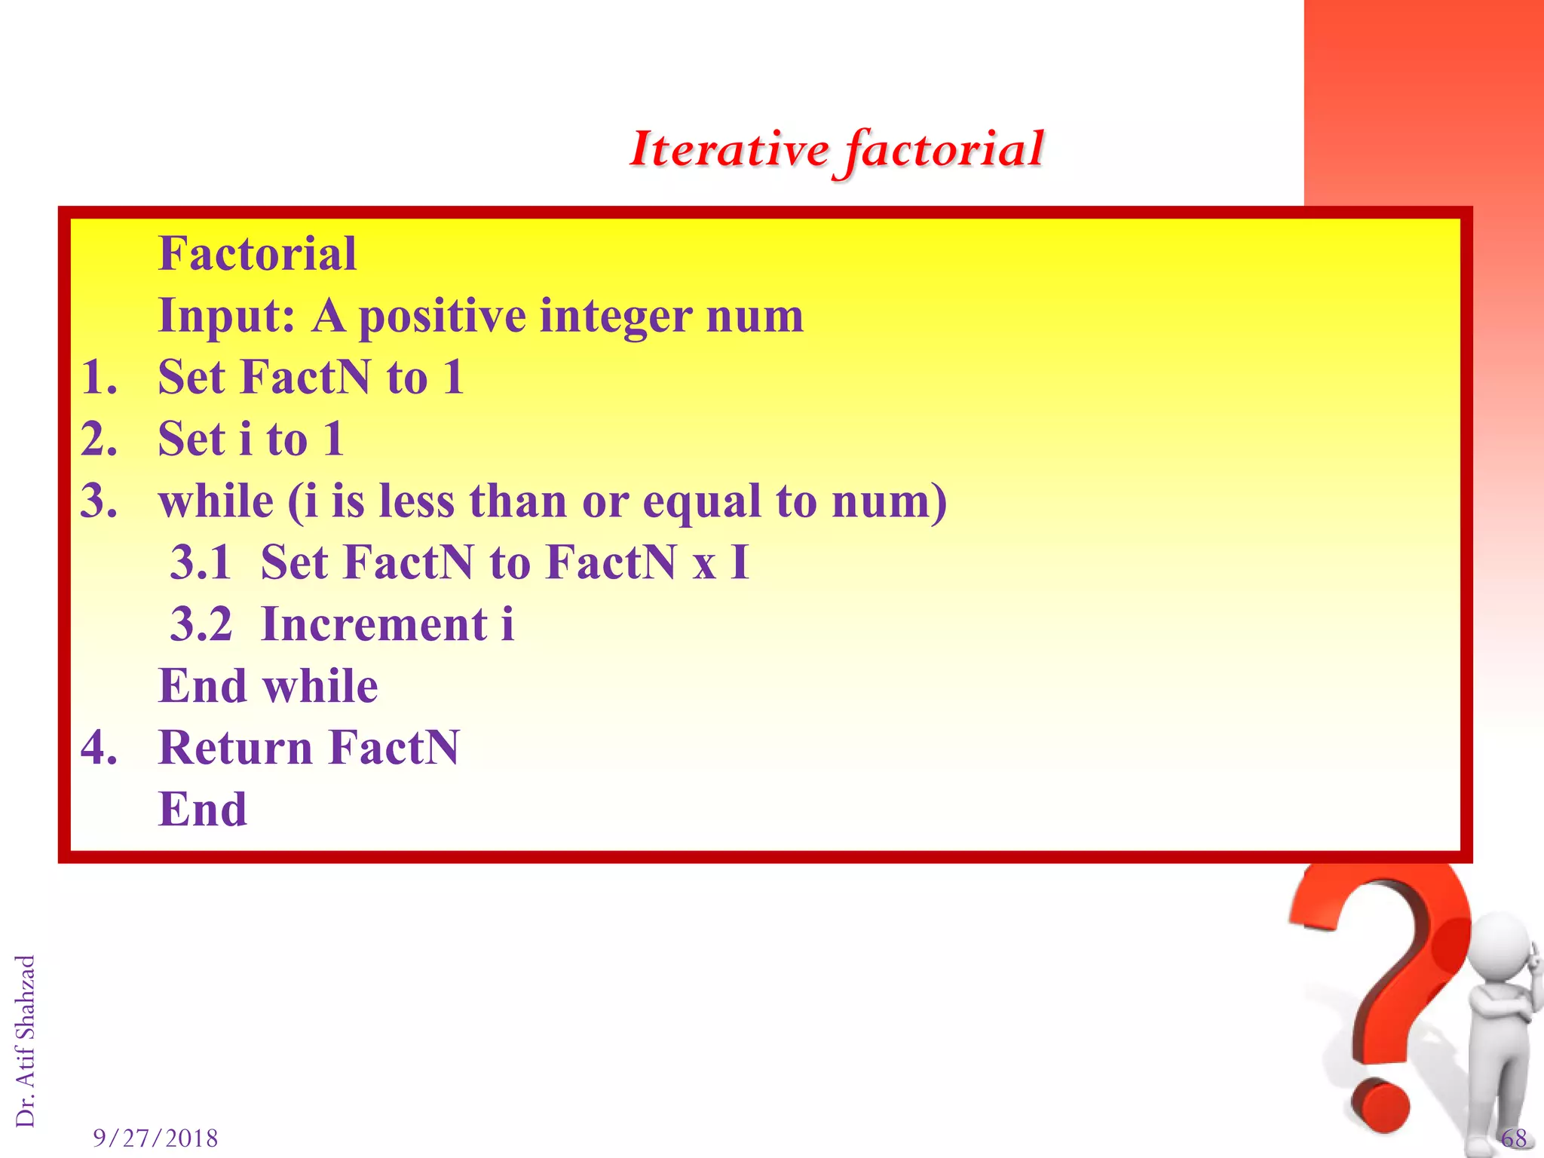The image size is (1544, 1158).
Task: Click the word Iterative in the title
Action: point(729,149)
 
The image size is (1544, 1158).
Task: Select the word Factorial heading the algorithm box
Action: point(257,253)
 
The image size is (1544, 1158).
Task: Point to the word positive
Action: point(442,317)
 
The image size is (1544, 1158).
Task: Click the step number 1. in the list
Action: point(99,377)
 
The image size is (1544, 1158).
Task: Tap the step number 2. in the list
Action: point(99,439)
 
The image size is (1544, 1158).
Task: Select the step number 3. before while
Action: point(99,501)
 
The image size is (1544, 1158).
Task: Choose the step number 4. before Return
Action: point(99,748)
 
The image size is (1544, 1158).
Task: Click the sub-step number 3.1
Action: point(201,562)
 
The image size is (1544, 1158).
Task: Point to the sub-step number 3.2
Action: point(201,624)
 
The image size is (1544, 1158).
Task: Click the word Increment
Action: point(374,624)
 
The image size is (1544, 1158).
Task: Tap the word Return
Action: point(235,748)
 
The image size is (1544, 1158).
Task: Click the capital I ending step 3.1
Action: point(740,562)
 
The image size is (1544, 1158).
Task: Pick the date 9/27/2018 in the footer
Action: point(155,1138)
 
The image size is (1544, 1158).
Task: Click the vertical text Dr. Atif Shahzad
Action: point(26,1040)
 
